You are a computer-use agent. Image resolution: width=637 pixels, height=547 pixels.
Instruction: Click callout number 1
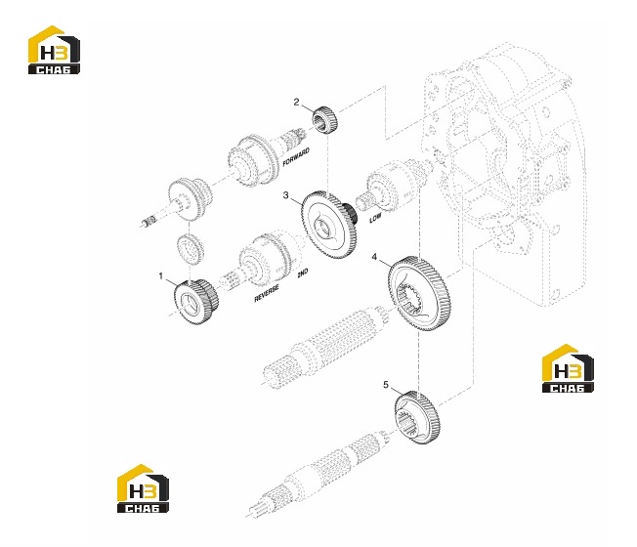161,276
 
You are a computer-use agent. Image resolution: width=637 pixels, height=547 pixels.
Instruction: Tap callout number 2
297,102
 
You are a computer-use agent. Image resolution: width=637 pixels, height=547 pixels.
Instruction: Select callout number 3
286,195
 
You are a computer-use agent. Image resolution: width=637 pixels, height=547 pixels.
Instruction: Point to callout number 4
374,257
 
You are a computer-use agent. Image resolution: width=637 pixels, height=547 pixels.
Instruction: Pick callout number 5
386,384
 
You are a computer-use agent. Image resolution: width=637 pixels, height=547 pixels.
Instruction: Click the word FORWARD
296,156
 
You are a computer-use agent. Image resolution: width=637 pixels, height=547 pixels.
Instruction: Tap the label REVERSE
267,293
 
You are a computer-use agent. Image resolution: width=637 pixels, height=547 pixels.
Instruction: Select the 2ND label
303,273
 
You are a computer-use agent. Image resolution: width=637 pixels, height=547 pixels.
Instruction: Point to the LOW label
375,218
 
